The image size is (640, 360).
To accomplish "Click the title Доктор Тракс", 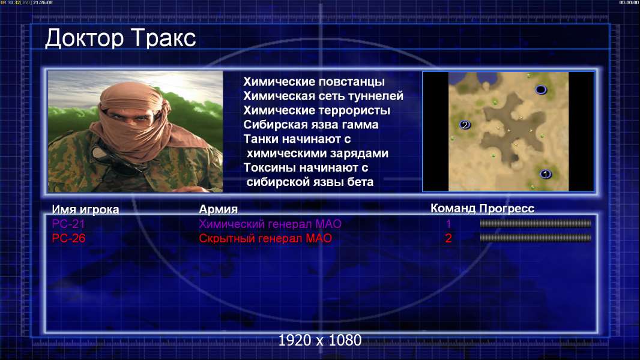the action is click(x=121, y=39).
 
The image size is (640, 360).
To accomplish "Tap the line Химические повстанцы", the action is click(x=314, y=82).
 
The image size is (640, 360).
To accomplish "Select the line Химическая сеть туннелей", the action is click(x=323, y=96).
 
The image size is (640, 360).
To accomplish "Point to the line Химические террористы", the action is click(x=317, y=110).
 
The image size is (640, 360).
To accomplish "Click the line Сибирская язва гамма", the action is click(x=311, y=125).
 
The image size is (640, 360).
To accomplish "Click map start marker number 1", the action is click(x=545, y=174).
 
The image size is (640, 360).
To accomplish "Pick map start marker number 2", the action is click(x=465, y=125).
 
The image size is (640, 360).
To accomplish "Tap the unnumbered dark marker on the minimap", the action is click(x=541, y=89).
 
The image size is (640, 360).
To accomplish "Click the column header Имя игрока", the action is click(x=85, y=209).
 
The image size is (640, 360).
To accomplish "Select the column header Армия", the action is click(x=219, y=209).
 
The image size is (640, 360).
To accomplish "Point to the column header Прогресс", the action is click(x=507, y=209).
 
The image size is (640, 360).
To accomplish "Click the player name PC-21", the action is click(x=68, y=224).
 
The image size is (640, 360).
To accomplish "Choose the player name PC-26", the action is click(x=68, y=238).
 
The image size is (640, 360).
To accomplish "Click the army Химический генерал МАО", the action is click(x=270, y=224).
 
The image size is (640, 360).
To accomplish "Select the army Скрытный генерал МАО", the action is click(x=265, y=238).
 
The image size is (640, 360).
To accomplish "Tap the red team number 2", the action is click(x=448, y=238).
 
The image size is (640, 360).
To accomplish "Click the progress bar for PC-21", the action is click(x=536, y=223).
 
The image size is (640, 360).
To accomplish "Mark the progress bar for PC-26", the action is click(x=536, y=238).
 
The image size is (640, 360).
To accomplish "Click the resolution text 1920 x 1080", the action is click(x=320, y=340).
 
